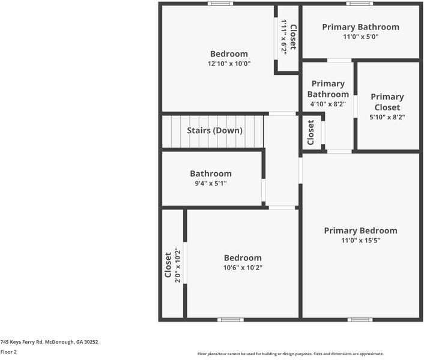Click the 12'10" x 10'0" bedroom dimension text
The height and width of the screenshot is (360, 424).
tap(229, 64)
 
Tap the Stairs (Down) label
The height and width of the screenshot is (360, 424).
tap(214, 130)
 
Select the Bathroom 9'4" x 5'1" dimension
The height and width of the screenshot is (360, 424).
tap(210, 184)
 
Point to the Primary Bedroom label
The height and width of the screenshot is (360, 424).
tap(360, 230)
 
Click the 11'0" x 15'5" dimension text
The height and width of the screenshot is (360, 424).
tap(360, 241)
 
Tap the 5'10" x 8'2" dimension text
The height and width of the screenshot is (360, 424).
tap(387, 118)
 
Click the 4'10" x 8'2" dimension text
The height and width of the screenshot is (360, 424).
tap(328, 104)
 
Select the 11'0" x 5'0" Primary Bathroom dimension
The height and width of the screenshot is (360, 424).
tap(360, 37)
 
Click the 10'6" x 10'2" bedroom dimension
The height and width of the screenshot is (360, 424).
tap(243, 268)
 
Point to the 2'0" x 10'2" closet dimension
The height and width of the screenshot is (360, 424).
tap(177, 265)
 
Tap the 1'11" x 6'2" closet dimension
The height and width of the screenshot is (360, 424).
tap(284, 37)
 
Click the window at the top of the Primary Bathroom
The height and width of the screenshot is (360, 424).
tap(360, 4)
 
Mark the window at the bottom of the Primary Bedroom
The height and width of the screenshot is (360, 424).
tap(360, 320)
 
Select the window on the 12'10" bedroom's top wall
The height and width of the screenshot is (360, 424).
tap(220, 4)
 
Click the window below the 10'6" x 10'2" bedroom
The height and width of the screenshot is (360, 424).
tap(231, 320)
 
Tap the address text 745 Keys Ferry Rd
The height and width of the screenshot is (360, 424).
tap(49, 342)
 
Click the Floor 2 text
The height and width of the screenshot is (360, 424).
tap(8, 352)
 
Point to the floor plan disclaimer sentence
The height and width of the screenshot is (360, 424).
tap(290, 354)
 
